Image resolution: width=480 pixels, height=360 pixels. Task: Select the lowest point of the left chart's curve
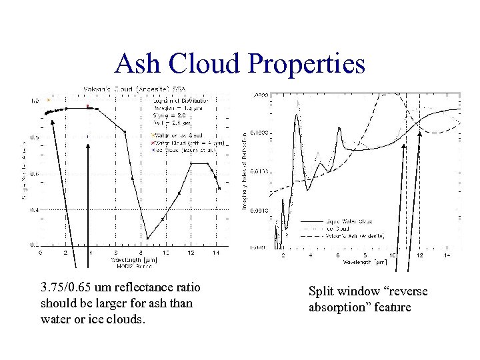(147, 238)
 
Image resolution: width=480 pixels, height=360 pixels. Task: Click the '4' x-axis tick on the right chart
(310, 256)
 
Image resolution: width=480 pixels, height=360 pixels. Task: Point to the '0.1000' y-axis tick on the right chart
(259, 133)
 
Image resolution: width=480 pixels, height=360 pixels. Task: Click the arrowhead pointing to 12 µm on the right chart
(419, 133)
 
